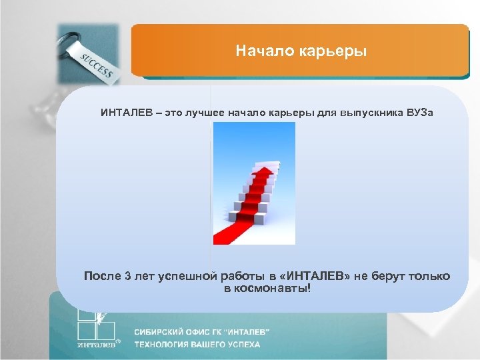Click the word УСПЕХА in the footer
coord(243,345)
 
